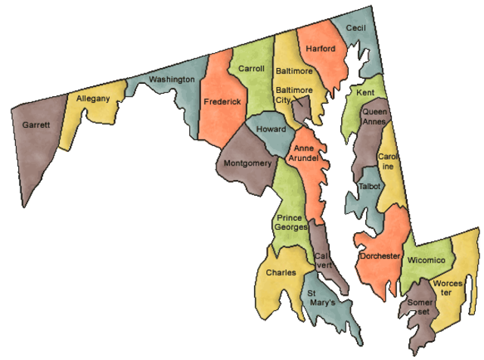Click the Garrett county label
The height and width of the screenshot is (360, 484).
36,126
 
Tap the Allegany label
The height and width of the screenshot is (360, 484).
93,98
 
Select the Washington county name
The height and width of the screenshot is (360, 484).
172,79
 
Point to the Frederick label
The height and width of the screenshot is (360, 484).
222,101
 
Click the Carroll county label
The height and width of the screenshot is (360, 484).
251,69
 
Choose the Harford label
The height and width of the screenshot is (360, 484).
320,49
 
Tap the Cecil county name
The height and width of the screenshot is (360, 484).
355,27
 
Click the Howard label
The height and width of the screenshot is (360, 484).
271,129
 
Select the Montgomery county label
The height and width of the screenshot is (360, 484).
247,163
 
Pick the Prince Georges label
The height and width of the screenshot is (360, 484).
291,222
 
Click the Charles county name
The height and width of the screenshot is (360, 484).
281,273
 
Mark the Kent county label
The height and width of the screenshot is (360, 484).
365,92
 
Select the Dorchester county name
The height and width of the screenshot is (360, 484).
380,256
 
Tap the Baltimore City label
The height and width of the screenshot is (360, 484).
292,95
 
